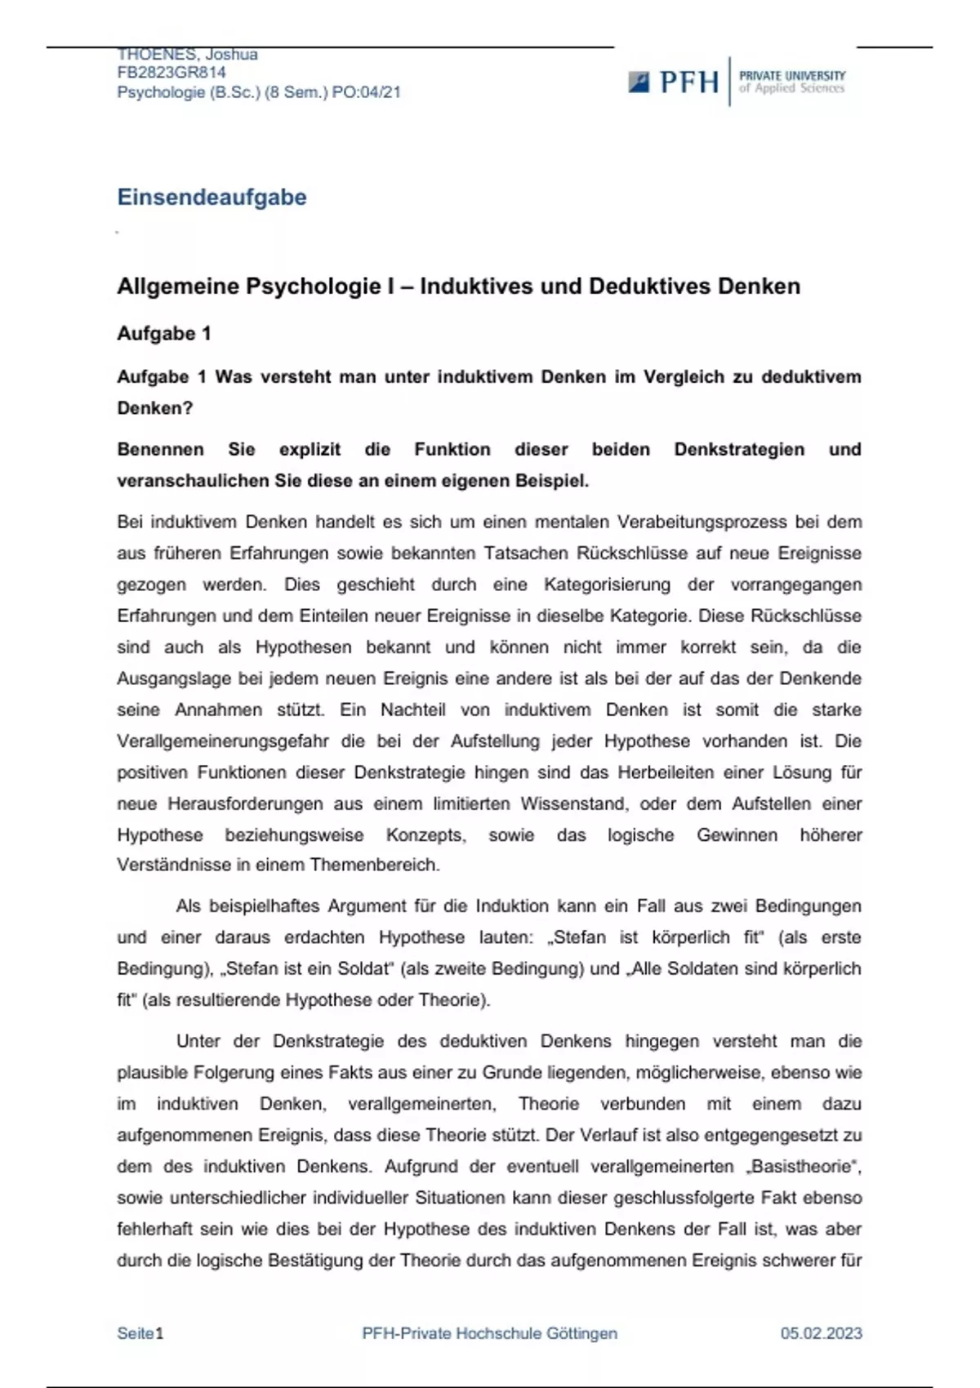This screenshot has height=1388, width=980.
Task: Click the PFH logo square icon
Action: [x=639, y=82]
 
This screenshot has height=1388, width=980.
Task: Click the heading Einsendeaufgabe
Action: [x=212, y=197]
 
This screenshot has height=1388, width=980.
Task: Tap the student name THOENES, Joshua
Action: [x=187, y=55]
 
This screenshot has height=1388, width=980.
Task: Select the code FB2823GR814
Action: [x=171, y=73]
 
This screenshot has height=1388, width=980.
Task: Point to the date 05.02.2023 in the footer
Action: [x=821, y=1333]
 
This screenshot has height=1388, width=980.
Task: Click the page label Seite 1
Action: [x=140, y=1333]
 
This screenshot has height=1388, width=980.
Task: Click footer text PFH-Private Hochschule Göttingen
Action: [x=489, y=1333]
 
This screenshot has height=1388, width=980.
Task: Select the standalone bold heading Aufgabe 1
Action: [x=164, y=333]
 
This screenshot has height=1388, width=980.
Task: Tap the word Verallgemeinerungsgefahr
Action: [x=223, y=741]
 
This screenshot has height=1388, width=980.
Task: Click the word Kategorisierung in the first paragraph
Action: [x=607, y=585]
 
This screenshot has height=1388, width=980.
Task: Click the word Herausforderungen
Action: [x=245, y=803]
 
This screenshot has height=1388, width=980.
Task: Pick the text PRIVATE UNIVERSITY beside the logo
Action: [x=792, y=75]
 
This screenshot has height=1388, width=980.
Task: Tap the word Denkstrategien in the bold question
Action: [x=739, y=449]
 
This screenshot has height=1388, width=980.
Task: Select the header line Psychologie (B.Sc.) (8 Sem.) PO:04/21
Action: [x=259, y=92]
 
